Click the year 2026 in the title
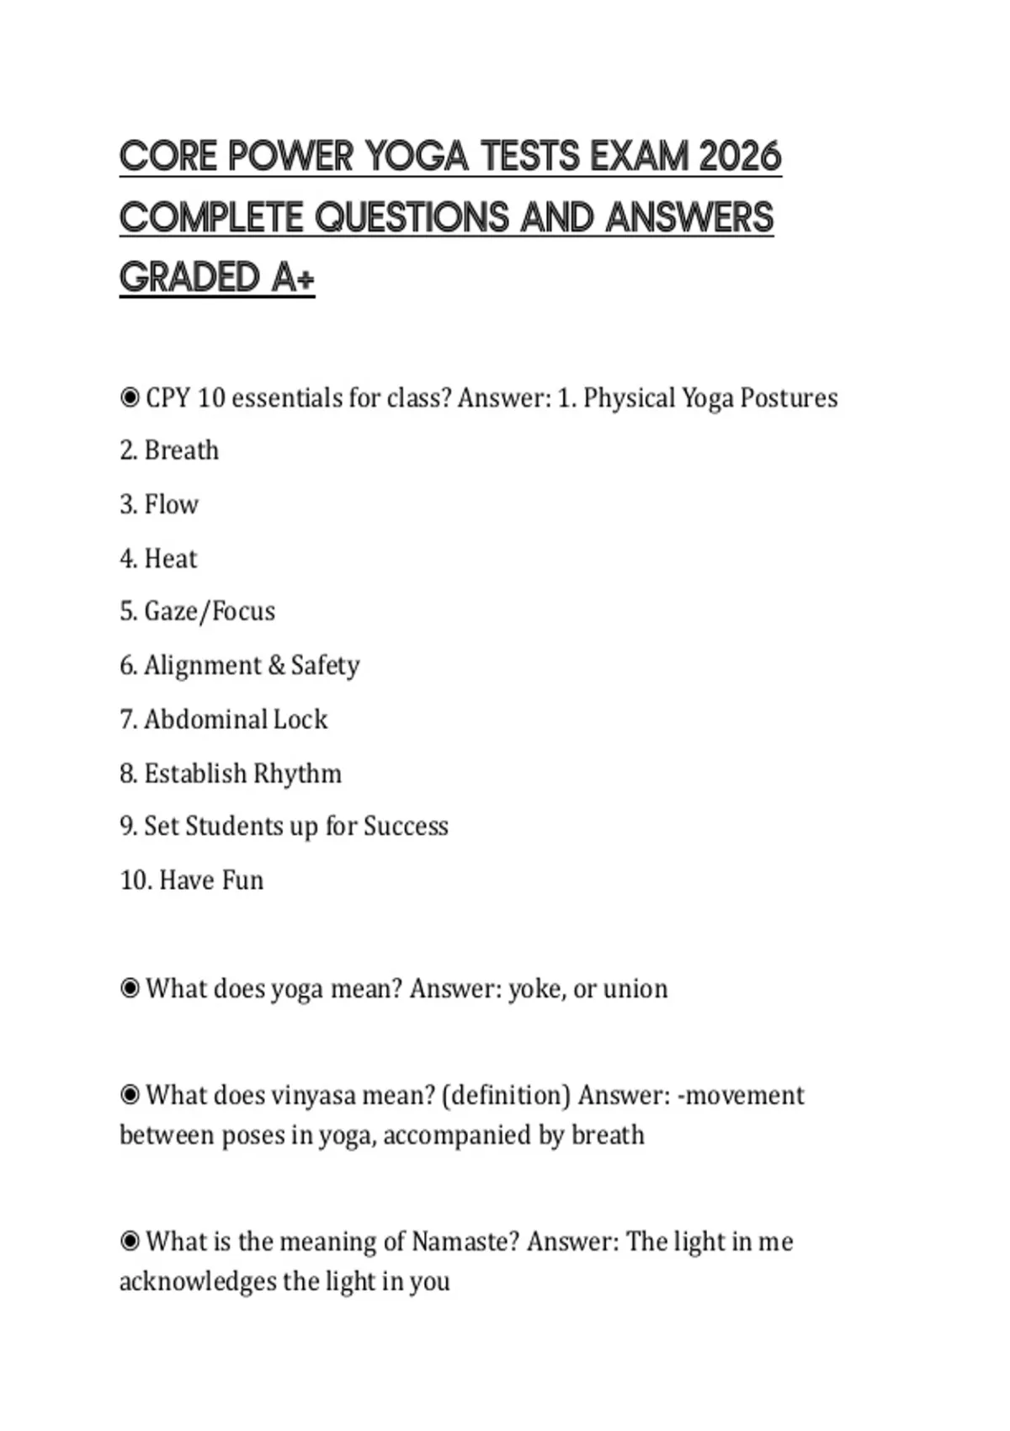[x=740, y=157]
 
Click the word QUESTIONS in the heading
[x=412, y=217]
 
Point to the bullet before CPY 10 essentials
[x=130, y=397]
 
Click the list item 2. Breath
[x=169, y=450]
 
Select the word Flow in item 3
[x=172, y=504]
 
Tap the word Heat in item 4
[x=171, y=558]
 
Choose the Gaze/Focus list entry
[x=198, y=611]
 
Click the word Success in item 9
[x=406, y=827]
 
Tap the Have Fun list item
[x=192, y=880]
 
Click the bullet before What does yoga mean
[x=130, y=987]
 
